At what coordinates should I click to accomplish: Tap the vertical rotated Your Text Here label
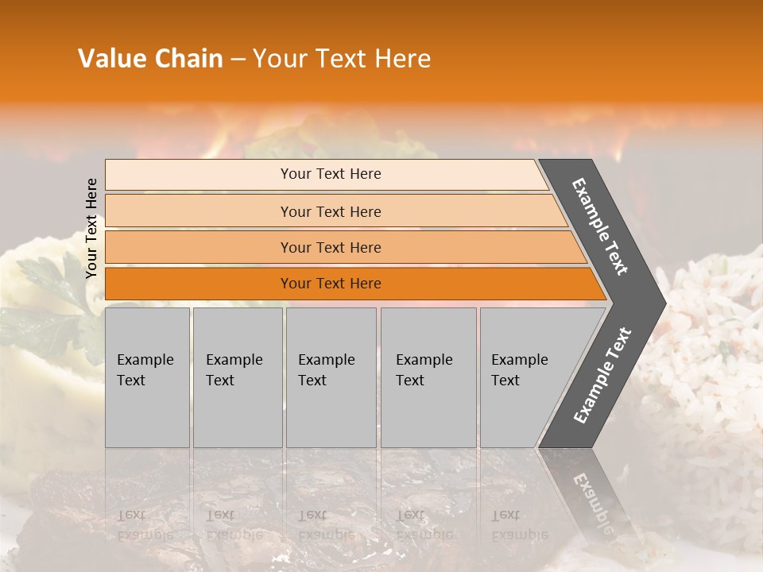(x=91, y=228)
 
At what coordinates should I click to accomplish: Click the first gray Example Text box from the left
(x=147, y=377)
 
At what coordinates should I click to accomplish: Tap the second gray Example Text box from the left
(x=238, y=377)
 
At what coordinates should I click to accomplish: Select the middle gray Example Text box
(x=331, y=377)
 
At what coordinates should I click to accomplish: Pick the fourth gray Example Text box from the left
(x=428, y=377)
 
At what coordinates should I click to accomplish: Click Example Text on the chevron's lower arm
(x=602, y=375)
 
